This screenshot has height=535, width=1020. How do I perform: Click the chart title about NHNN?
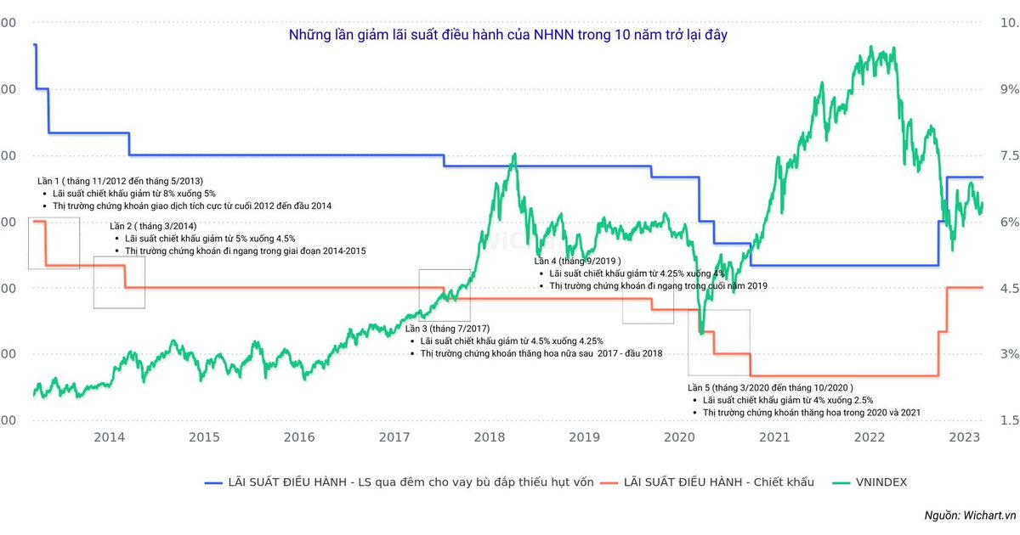coord(507,36)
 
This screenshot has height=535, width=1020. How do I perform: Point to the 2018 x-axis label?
coord(490,437)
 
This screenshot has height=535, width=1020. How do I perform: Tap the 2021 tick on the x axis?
coord(774,437)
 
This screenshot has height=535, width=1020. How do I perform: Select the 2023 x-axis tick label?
coord(965,437)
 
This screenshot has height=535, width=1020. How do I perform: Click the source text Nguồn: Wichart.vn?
coord(970,515)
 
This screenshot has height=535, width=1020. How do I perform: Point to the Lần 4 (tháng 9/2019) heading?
coord(577,261)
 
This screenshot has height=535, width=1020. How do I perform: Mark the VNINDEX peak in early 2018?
coord(513,155)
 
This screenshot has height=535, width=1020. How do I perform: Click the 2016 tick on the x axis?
coord(299,437)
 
